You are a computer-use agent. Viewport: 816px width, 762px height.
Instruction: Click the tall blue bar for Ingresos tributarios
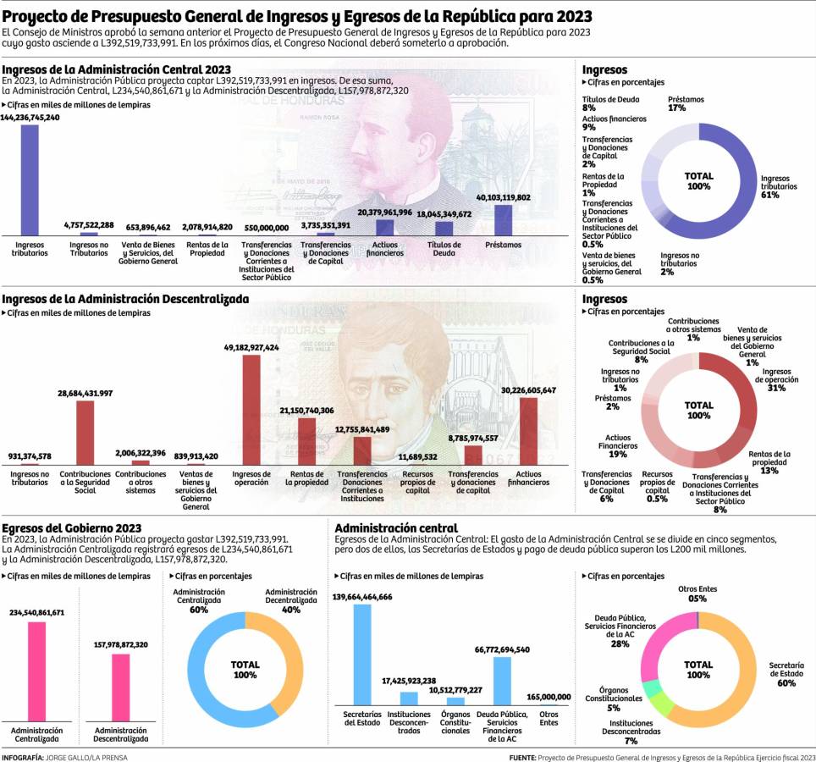click(x=30, y=179)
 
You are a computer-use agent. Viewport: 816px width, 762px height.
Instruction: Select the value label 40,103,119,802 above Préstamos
click(x=503, y=197)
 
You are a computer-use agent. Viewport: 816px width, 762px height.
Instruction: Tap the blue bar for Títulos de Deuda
click(x=444, y=228)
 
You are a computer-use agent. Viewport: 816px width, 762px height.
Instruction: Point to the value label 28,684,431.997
click(x=85, y=394)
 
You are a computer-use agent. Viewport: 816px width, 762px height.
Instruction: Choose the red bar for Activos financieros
click(x=528, y=431)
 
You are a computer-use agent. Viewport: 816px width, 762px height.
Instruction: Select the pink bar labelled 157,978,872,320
click(x=121, y=685)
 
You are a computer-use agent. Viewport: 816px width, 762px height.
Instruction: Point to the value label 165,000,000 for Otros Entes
click(x=549, y=697)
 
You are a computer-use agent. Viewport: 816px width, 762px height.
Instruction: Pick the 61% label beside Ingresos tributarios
click(x=769, y=195)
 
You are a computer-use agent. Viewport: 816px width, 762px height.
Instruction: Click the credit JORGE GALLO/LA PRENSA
click(x=88, y=757)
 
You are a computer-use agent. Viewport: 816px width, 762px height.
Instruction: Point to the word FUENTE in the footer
click(x=521, y=757)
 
